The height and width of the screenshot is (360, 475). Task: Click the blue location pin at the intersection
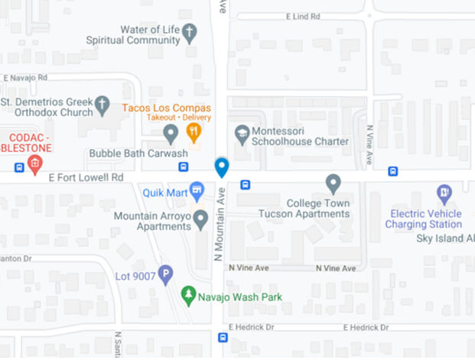pos(222,167)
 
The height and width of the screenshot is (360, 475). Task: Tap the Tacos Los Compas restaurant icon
pos(194,133)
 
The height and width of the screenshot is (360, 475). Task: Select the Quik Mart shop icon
pos(197,190)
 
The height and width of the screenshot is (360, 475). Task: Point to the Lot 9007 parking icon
pos(165,275)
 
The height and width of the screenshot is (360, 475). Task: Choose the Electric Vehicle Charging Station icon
pos(444,193)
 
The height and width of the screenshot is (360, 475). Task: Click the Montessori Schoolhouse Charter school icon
pos(242,133)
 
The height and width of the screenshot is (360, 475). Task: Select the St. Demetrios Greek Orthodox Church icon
pos(102,106)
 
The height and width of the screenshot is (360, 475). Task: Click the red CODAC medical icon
pos(34,163)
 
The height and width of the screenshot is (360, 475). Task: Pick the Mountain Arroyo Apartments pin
pos(200,220)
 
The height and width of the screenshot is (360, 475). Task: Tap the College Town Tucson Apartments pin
pos(333,183)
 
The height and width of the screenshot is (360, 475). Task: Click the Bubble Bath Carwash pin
pos(171,135)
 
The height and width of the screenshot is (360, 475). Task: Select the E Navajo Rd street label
pos(25,77)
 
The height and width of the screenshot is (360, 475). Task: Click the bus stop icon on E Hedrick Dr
pos(223,337)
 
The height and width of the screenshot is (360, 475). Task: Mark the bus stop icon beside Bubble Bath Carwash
pos(184,167)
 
